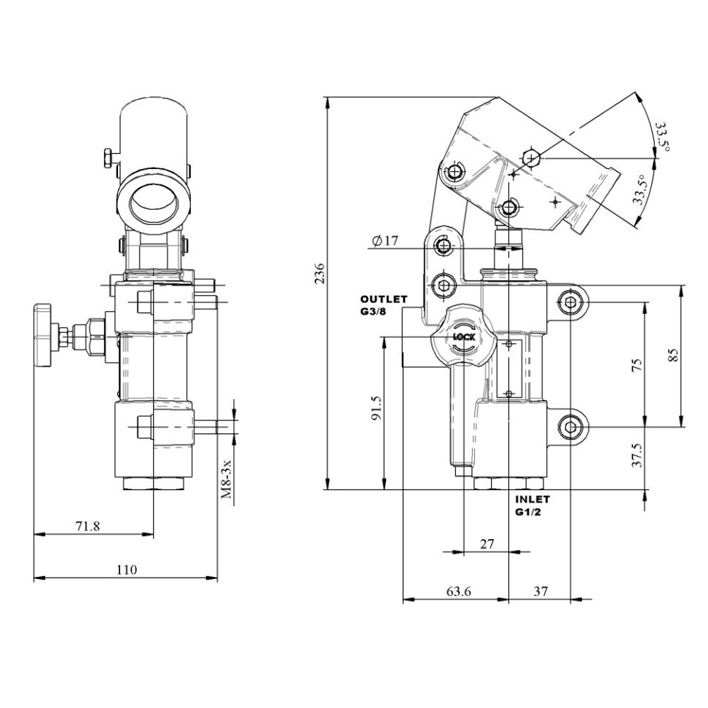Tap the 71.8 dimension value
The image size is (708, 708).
(87, 526)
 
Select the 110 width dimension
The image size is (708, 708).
(127, 570)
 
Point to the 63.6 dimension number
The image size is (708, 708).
(458, 591)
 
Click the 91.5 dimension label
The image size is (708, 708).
(377, 408)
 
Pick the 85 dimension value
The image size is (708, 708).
(673, 355)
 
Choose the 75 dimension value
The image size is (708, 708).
(636, 364)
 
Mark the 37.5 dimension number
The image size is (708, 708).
(636, 455)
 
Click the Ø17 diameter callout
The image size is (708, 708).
(385, 240)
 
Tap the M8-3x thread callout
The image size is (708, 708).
(227, 479)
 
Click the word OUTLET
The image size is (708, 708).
(384, 299)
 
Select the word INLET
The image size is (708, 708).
(532, 500)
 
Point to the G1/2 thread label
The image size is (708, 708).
(528, 513)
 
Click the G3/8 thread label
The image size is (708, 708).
(373, 312)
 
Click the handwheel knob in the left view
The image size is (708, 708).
(44, 335)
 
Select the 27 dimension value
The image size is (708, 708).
(487, 544)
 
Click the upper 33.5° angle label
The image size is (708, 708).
(661, 136)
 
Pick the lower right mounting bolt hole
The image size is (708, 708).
(570, 427)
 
